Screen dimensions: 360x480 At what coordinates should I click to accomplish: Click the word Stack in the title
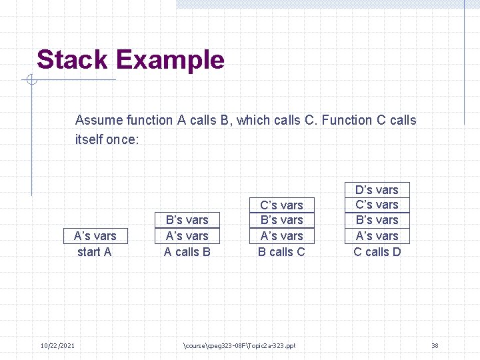[73, 60]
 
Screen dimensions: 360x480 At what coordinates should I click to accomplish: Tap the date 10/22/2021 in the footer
[57, 345]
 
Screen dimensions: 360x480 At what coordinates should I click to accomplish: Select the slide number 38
[435, 345]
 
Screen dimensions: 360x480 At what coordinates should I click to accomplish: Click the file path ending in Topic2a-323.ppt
[239, 345]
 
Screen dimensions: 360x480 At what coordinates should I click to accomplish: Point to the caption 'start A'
[95, 252]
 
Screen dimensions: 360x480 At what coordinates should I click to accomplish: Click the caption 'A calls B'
[187, 252]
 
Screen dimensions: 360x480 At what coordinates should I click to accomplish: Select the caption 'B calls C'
[281, 252]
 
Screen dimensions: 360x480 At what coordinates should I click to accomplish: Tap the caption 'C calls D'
[377, 252]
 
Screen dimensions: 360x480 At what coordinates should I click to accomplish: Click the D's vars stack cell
[377, 190]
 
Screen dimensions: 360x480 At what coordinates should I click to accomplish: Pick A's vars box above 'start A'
[95, 236]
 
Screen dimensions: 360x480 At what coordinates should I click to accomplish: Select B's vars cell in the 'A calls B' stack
[187, 220]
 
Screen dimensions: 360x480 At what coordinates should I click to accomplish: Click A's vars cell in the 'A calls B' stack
[187, 236]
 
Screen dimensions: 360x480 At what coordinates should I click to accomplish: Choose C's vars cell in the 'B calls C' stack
[281, 205]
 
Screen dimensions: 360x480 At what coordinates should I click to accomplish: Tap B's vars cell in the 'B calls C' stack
[281, 220]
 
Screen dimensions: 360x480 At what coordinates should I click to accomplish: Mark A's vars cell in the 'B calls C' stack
[281, 236]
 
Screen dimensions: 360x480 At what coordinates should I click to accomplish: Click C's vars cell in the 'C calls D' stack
[377, 205]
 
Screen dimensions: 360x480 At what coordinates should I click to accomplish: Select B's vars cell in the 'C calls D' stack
[377, 220]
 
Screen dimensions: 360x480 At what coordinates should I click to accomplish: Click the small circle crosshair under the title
[31, 81]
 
